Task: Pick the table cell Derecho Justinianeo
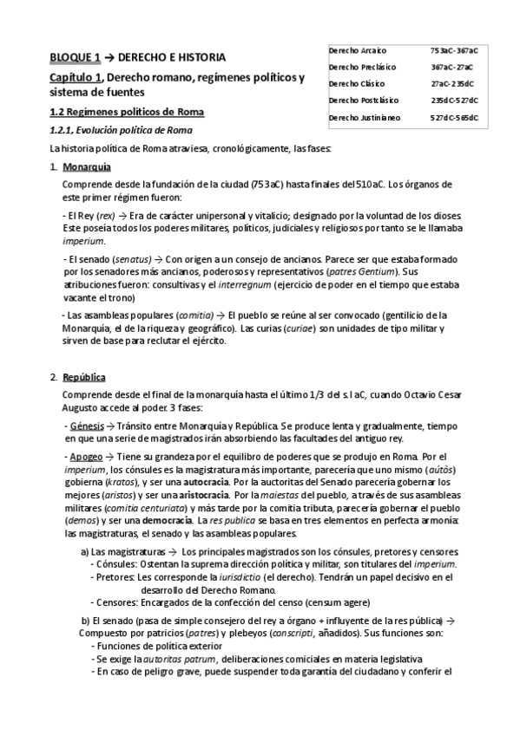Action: pos(365,118)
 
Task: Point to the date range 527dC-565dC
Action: pos(454,118)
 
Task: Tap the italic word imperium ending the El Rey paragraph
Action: pos(81,240)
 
